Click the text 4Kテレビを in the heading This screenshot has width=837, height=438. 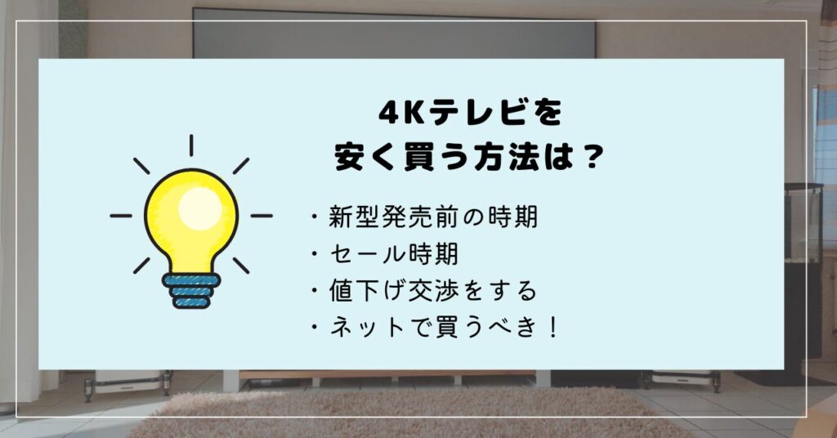[470, 113]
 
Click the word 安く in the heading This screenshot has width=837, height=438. [367, 158]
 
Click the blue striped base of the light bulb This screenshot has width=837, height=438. [191, 291]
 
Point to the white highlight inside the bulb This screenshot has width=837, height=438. [199, 208]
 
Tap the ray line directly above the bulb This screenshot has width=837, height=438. [191, 145]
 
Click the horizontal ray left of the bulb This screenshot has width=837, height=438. [121, 216]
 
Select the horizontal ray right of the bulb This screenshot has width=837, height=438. [262, 216]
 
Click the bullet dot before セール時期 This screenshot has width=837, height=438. [315, 254]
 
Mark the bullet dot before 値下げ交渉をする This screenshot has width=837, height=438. [315, 291]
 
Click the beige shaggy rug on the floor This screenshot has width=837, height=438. [405, 413]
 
